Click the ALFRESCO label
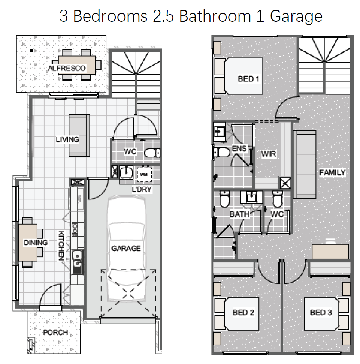tap(67, 68)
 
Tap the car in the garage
tap(127, 249)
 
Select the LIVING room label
tap(67, 139)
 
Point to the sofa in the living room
tap(79, 135)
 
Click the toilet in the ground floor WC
tap(152, 153)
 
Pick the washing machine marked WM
tap(144, 174)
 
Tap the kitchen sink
tap(77, 262)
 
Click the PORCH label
tap(55, 332)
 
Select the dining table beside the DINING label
tap(28, 243)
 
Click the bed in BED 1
tap(239, 76)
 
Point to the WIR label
tap(269, 154)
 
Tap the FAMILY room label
tap(332, 172)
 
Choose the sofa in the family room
tap(305, 165)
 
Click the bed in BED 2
tap(237, 314)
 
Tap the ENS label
tap(239, 148)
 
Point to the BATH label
tap(240, 214)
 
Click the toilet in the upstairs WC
tap(278, 199)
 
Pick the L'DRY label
tap(142, 189)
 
